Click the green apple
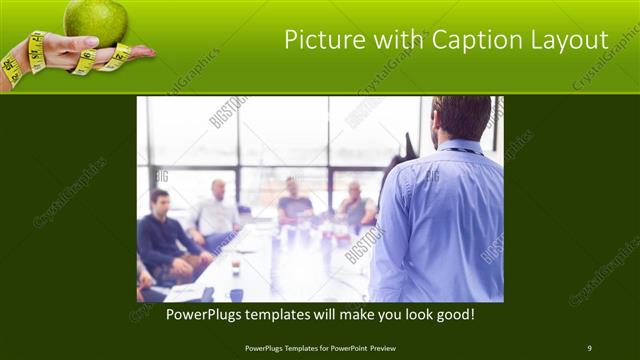click(96, 19)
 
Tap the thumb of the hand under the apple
click(84, 44)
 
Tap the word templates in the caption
click(301, 314)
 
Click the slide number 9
click(589, 348)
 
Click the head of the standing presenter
click(461, 117)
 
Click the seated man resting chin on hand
click(355, 205)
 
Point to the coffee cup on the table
click(235, 265)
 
